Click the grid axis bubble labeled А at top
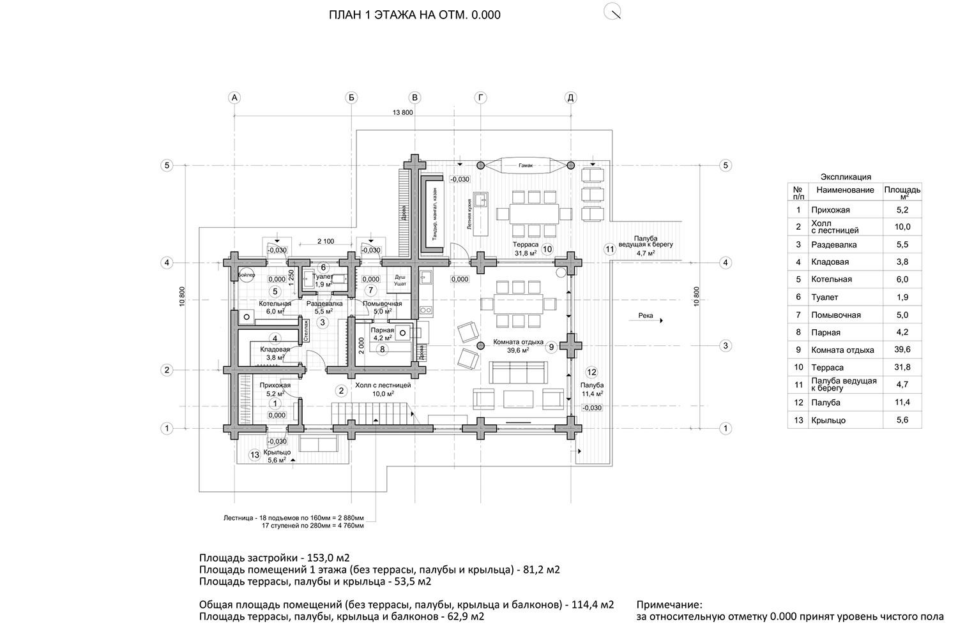234,98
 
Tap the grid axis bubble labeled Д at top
571,98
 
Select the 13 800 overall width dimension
403,112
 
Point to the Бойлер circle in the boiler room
247,274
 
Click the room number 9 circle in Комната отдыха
551,346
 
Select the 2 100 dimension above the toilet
326,241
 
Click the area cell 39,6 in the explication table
902,350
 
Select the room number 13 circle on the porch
255,455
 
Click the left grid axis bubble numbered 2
167,370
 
